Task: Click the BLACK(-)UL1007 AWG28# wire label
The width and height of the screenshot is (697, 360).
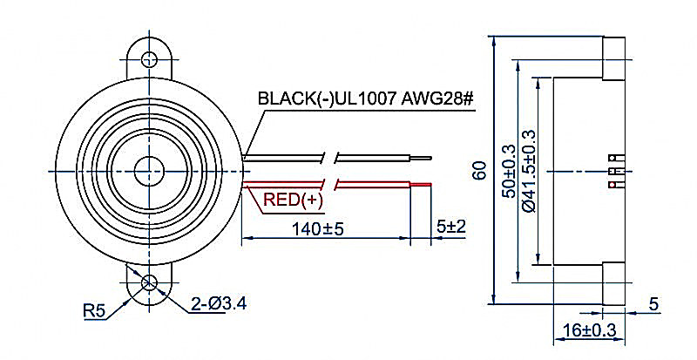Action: point(365,98)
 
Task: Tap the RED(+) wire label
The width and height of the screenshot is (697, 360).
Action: point(293,200)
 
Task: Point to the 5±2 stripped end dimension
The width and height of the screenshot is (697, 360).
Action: point(450,227)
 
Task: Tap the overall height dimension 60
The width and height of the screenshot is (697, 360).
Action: point(478,171)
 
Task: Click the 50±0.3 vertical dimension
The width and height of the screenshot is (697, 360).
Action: point(510,171)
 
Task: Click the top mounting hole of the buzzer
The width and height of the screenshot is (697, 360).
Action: point(150,58)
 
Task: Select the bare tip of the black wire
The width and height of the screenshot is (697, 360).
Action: point(420,160)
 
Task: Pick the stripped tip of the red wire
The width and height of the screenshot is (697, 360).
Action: point(421,185)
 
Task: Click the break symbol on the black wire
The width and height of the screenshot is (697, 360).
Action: point(331,159)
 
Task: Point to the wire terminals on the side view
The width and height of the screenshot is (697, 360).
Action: point(615,171)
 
